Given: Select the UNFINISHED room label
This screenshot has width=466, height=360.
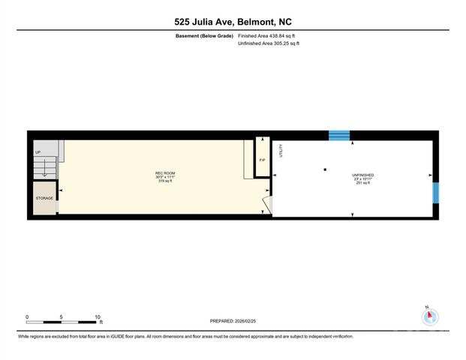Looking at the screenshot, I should click(x=362, y=175).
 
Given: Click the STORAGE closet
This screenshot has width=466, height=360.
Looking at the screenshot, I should click(x=44, y=199).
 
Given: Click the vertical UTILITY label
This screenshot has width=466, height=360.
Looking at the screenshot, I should click(x=281, y=151).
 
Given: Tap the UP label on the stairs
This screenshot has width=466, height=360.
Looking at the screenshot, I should click(x=38, y=152).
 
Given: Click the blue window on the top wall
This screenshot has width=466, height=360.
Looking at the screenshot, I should click(x=339, y=136).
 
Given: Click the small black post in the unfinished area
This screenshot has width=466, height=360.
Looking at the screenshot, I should click(x=325, y=169).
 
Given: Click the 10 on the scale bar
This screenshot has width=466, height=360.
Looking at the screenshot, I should click(x=97, y=316).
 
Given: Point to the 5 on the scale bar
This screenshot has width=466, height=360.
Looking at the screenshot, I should click(x=62, y=316).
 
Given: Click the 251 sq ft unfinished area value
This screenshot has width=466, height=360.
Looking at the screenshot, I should click(x=362, y=183).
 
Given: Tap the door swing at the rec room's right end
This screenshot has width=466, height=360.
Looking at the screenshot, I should click(x=267, y=205).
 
